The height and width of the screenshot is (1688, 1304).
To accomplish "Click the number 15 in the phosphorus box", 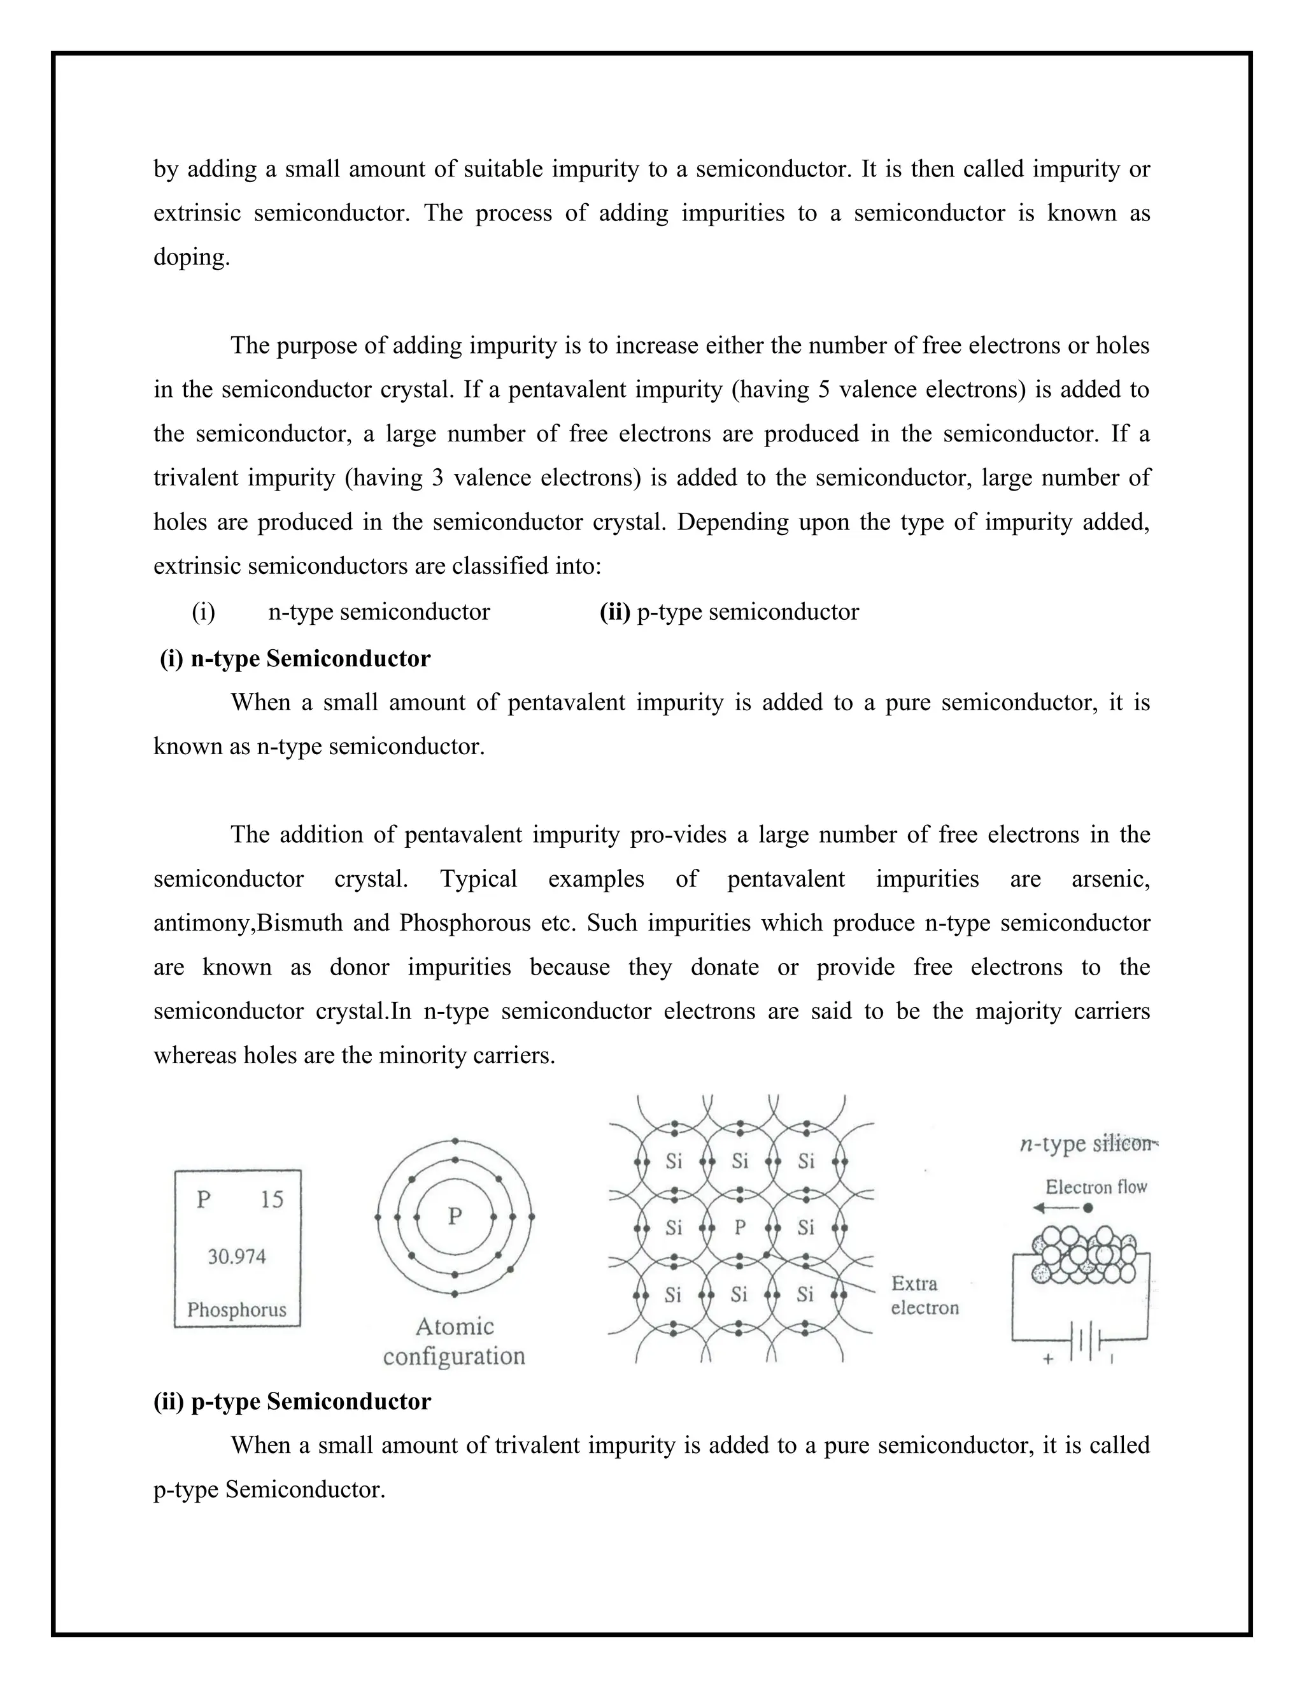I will [272, 1199].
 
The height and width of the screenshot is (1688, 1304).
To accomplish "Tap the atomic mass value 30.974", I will [236, 1257].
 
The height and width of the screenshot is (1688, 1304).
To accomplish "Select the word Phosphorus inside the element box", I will [236, 1310].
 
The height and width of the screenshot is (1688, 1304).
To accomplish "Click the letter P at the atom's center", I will [455, 1217].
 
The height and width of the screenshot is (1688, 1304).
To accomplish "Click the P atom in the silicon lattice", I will [740, 1227].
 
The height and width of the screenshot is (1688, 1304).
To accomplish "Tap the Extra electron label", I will [924, 1296].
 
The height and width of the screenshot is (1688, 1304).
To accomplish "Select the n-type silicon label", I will [1088, 1145].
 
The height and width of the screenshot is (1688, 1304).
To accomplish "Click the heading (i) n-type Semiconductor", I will [295, 659].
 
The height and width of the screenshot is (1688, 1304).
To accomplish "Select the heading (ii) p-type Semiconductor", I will [292, 1401].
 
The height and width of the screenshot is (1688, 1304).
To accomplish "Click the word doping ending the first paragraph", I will [192, 257].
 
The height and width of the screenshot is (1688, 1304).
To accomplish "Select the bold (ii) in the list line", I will [615, 612].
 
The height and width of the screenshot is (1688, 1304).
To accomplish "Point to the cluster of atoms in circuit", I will [1084, 1253].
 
